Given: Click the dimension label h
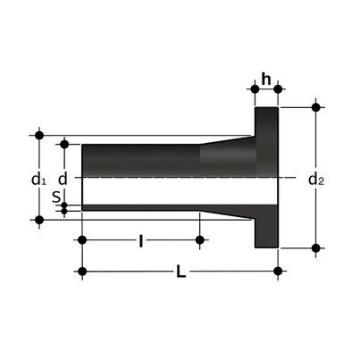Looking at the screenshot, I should tap(266, 78).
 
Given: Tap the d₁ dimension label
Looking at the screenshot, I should tap(38, 179).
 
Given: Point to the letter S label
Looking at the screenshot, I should tap(56, 198).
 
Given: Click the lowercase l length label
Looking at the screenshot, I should tap(140, 240).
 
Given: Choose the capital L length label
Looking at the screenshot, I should tap(180, 272).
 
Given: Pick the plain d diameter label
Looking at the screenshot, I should tap(63, 178).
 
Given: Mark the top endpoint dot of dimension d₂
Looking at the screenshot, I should tap(315, 107).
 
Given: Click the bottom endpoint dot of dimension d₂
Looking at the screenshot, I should tap(315, 247).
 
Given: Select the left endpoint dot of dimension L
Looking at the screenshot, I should tap(82, 271).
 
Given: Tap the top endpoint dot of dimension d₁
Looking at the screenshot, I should tap(38, 135).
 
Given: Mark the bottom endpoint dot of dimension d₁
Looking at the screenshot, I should tap(38, 218).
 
